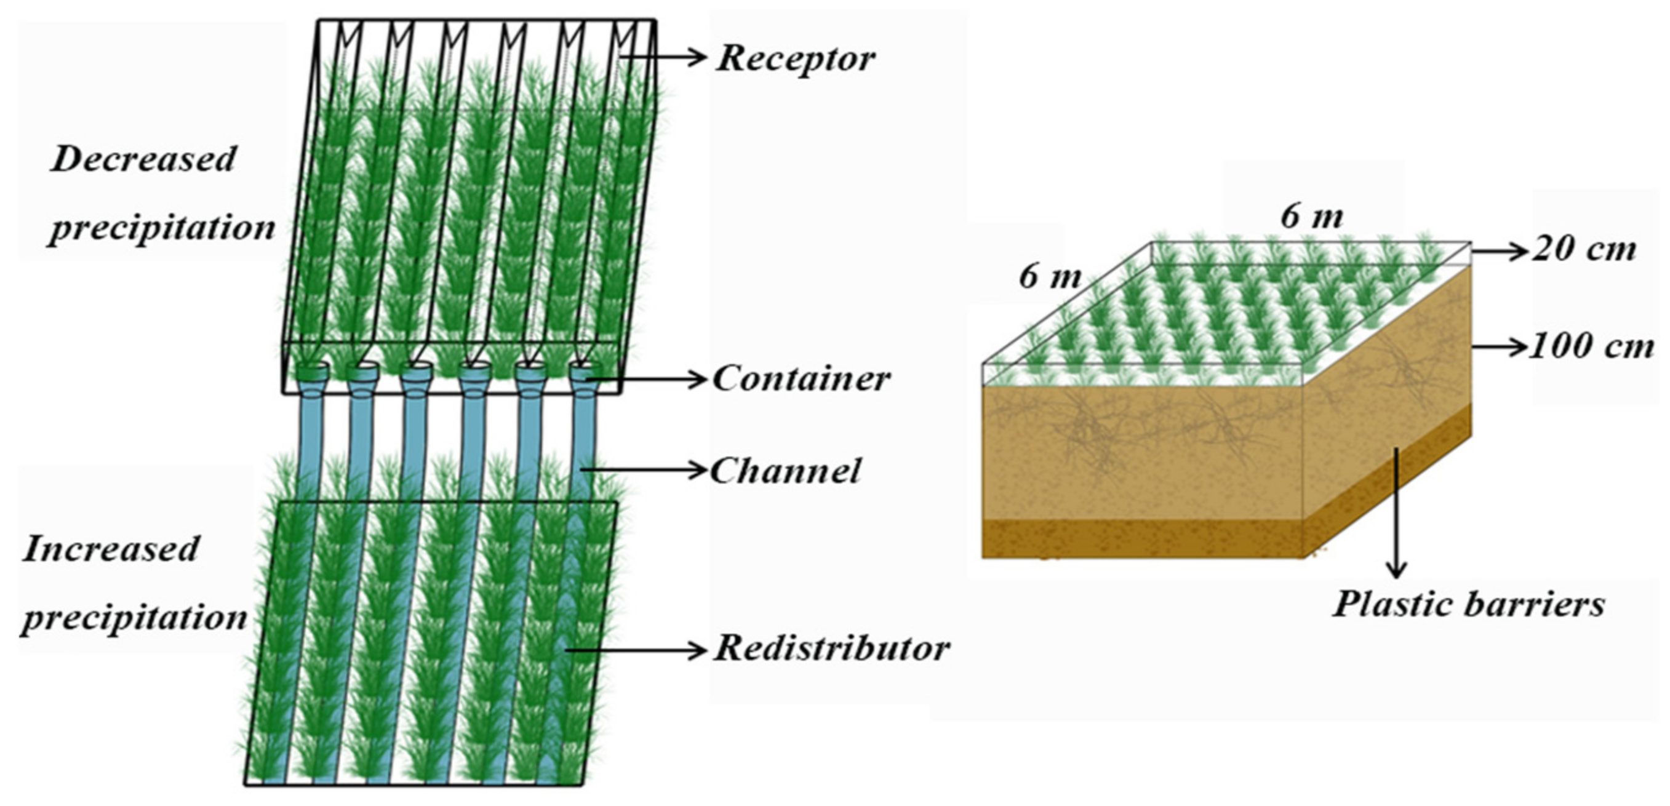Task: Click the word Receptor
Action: point(796,59)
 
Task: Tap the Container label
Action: point(801,378)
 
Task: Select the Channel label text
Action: point(786,471)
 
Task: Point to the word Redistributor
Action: point(832,648)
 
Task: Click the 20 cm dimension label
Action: point(1584,250)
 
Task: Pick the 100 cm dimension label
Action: point(1592,346)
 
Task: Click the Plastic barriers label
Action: point(1468,604)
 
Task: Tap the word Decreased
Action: point(143,159)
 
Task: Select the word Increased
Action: point(111,549)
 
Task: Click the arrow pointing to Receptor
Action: point(665,57)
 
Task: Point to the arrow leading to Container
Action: point(649,378)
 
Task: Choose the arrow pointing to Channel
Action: point(645,469)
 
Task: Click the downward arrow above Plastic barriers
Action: point(1396,513)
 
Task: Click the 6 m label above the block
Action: point(1311,217)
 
